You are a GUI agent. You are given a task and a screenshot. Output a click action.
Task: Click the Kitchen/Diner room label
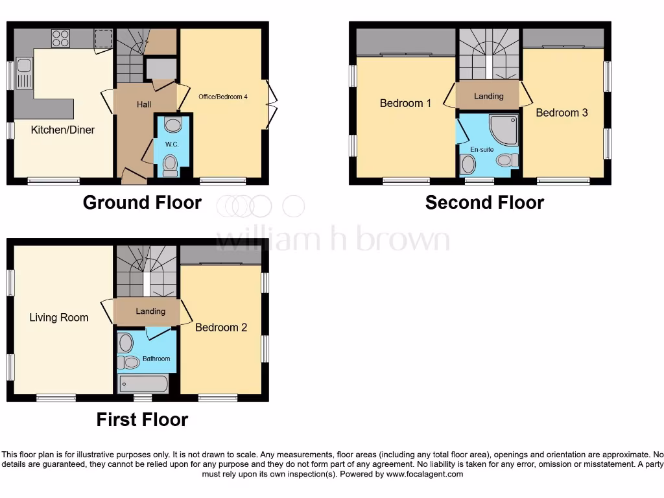[63, 130]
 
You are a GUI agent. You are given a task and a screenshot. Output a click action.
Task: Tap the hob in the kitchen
[60, 39]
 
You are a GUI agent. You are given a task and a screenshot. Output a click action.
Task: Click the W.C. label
[172, 144]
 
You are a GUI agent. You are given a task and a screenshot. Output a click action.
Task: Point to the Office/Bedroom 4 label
[223, 97]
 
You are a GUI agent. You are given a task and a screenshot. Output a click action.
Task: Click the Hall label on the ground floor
[144, 104]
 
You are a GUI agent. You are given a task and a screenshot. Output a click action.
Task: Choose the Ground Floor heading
[142, 203]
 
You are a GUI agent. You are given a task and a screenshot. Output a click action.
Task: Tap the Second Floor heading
[484, 203]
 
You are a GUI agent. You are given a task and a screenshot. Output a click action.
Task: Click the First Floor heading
[142, 420]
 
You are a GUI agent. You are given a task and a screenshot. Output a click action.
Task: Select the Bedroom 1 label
[405, 103]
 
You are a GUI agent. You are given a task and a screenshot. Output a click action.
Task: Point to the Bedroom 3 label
[562, 113]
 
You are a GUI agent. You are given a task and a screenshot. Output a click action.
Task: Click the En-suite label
[482, 149]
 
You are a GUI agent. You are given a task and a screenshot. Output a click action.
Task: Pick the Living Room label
[59, 318]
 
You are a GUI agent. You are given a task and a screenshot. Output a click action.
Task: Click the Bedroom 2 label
[221, 327]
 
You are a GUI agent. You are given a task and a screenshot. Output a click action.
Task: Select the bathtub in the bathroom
[143, 384]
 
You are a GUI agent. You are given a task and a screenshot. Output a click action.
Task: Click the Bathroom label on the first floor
[156, 359]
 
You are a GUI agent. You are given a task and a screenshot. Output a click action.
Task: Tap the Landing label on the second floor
[488, 96]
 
